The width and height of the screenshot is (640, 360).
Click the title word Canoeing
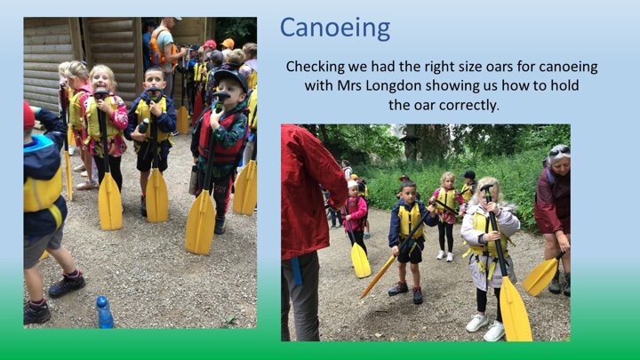coord(335,28)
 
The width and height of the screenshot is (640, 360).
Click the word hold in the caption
coord(564,85)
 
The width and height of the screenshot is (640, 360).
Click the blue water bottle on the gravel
coord(105,312)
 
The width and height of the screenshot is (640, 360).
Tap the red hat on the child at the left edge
coord(28,115)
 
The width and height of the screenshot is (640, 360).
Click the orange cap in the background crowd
coord(228,44)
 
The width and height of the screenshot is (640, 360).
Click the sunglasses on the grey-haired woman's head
coord(559,152)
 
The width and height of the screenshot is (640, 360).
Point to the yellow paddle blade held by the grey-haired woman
coord(541,276)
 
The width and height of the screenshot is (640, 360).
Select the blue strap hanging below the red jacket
coord(296,270)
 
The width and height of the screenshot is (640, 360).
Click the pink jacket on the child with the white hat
coord(356,213)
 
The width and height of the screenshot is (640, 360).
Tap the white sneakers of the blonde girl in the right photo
coord(486,326)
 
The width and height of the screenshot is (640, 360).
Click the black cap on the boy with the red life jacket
coord(231,77)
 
